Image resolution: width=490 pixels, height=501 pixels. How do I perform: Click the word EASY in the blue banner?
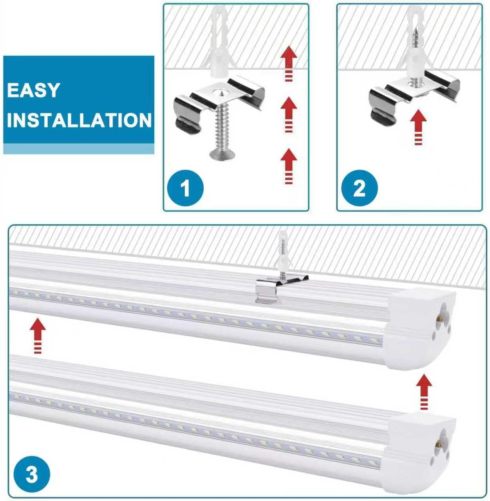coord(33,90)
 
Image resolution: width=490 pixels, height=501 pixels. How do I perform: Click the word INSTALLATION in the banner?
coord(79,120)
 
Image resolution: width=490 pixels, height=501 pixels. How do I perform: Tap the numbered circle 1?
coord(185,188)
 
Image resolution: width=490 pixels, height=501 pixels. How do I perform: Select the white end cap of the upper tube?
coord(419,329)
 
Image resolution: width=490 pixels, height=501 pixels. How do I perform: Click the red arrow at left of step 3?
coord(38,335)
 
